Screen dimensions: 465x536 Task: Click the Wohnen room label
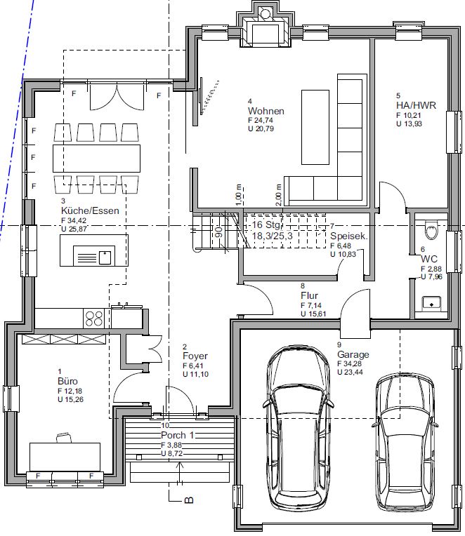point(266,111)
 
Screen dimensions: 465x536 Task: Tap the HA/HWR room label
point(416,105)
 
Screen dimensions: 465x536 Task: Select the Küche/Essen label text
point(90,210)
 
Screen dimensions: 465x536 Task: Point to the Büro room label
point(67,381)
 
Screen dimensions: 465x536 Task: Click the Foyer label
point(195,356)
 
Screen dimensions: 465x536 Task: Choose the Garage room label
point(353,354)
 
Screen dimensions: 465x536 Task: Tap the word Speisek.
point(349,236)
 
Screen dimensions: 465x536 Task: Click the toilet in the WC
point(431,229)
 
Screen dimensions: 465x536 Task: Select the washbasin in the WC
point(431,304)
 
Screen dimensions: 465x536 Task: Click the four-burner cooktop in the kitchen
point(93,319)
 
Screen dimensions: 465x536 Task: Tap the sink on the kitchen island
point(94,255)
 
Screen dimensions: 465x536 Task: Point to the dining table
point(96,159)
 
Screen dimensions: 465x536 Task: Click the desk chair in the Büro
point(64,438)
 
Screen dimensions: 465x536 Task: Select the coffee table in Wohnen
point(315,127)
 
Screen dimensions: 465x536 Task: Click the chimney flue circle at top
point(266,13)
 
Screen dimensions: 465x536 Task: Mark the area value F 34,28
point(349,363)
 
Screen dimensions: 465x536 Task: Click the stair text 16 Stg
point(266,225)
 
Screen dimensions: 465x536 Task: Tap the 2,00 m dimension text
point(279,195)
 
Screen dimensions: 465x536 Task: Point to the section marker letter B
point(189,500)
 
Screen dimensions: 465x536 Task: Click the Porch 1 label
point(178,435)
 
